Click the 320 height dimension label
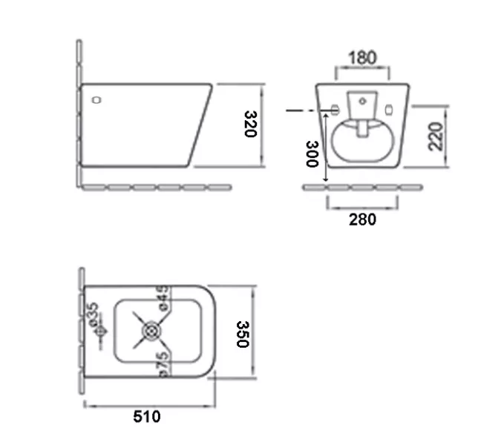coord(251,124)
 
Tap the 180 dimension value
coord(362,58)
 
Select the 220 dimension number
coord(436,136)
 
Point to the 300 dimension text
coord(312,154)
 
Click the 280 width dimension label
coord(362,220)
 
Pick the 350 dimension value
coord(243,334)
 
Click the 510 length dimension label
coord(147,417)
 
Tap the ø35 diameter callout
coord(94,314)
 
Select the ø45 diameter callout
coord(163,297)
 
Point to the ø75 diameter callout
coord(163,364)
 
